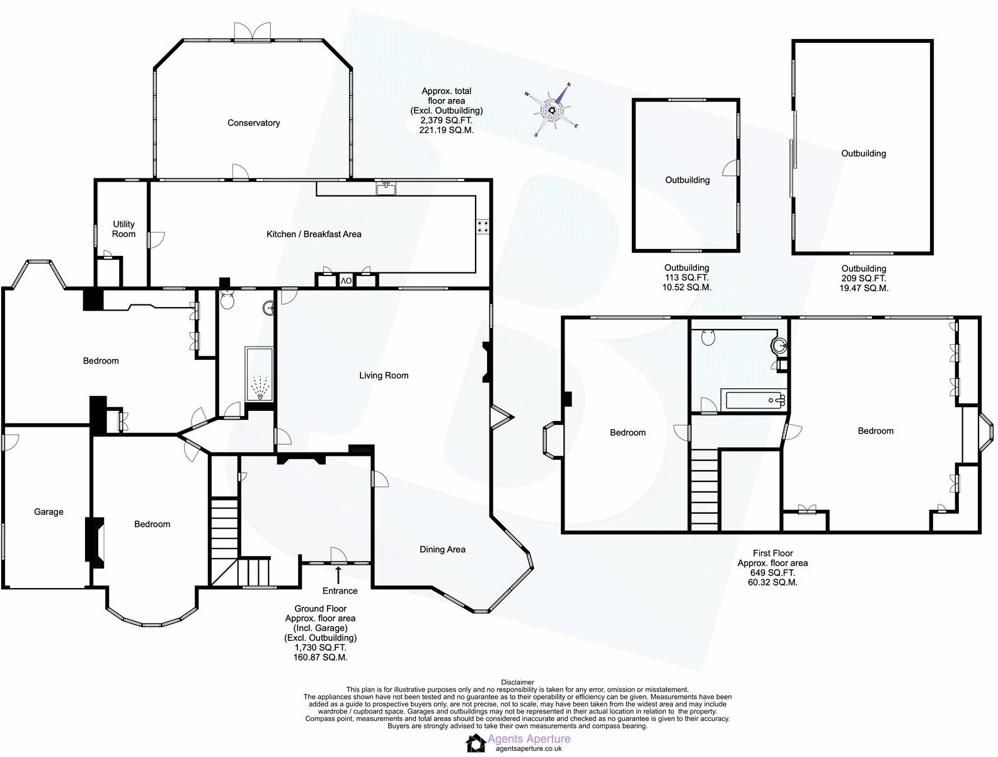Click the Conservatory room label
[253, 123]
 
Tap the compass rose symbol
[553, 111]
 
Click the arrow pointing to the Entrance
[338, 575]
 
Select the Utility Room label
[123, 229]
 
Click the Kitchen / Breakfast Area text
[314, 234]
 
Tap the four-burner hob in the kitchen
[483, 226]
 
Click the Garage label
[49, 512]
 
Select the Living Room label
[384, 375]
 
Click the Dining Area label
[442, 549]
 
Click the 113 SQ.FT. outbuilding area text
[687, 277]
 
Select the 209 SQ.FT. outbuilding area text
[864, 278]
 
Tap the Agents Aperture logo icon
[476, 743]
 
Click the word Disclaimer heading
[517, 682]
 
